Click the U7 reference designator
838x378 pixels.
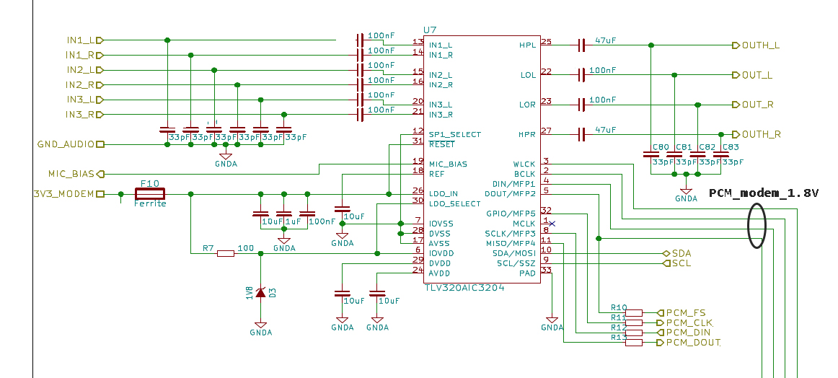tap(430, 30)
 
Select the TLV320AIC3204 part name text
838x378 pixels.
tap(464, 286)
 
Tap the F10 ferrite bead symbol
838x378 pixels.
tap(150, 193)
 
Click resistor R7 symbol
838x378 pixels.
tap(226, 253)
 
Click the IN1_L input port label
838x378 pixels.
tap(80, 40)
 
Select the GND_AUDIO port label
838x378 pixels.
tap(66, 144)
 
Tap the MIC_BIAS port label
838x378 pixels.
tap(71, 174)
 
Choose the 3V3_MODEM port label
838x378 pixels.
tap(63, 194)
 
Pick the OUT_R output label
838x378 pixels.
tap(757, 105)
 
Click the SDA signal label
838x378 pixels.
tap(681, 254)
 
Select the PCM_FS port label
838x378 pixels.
tap(685, 312)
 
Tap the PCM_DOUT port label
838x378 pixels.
tap(692, 343)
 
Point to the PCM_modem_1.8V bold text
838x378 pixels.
tap(764, 193)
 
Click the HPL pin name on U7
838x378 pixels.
tap(527, 45)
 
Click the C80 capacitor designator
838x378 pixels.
tap(660, 147)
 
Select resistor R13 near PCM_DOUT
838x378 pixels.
tap(633, 343)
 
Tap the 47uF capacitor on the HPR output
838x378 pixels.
tap(581, 134)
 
